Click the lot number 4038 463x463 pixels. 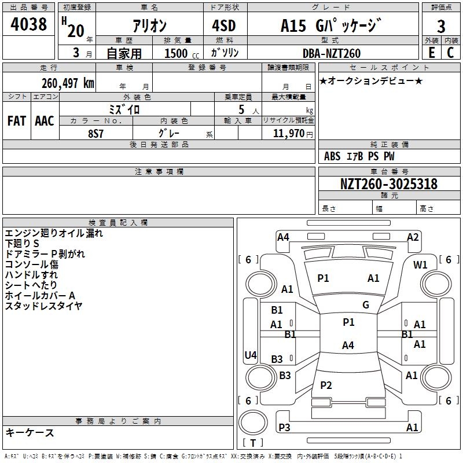click(x=28, y=24)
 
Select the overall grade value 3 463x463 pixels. click(x=441, y=27)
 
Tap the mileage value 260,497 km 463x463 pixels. click(x=68, y=83)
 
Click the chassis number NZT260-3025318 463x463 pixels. click(x=389, y=183)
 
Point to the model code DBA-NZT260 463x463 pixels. click(x=332, y=53)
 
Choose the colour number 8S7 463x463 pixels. click(x=95, y=134)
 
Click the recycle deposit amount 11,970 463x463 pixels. click(x=288, y=134)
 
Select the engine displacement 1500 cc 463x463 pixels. click(x=182, y=53)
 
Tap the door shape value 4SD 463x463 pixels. click(x=224, y=26)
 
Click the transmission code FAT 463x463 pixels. click(x=17, y=121)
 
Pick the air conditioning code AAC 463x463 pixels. click(x=45, y=121)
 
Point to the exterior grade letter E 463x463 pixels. click(x=432, y=53)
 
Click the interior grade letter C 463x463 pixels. click(x=450, y=53)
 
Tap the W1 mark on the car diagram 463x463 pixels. click(x=420, y=265)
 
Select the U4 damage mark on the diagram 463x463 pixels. click(x=251, y=355)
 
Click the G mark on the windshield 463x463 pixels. click(x=366, y=305)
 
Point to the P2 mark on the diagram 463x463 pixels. click(x=326, y=385)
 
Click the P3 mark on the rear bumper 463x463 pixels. click(x=284, y=427)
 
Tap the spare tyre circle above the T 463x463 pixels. click(x=253, y=422)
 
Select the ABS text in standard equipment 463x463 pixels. click(x=332, y=156)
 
